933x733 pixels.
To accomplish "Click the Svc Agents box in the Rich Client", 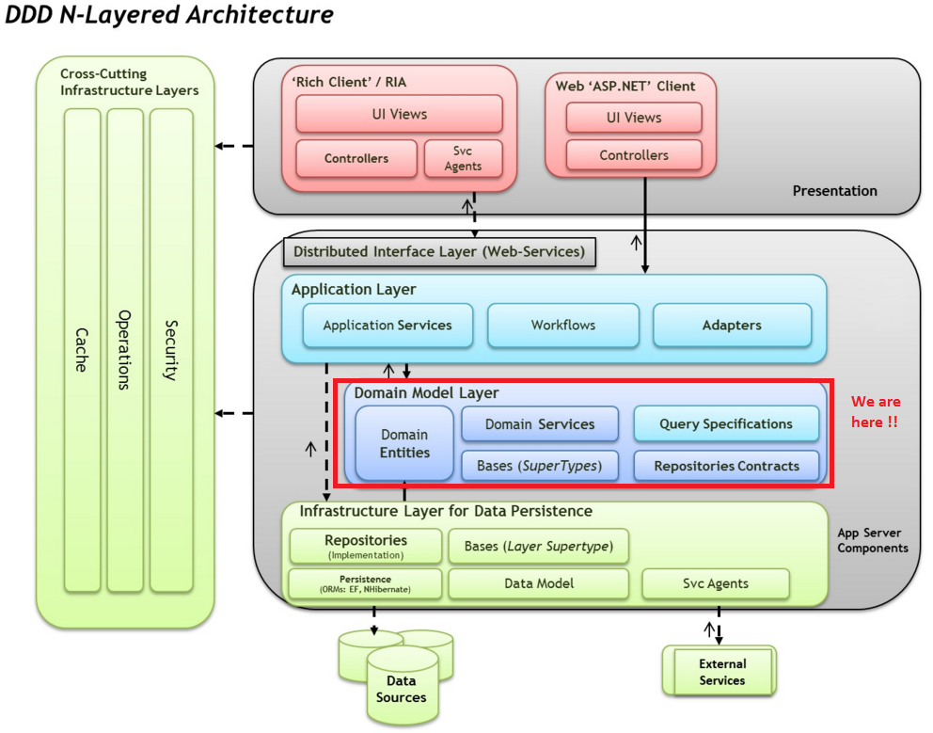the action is [x=464, y=158].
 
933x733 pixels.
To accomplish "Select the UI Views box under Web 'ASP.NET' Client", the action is [x=634, y=118].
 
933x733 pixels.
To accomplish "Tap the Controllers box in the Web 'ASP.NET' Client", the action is [x=634, y=155].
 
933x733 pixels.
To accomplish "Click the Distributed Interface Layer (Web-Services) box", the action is [x=439, y=251].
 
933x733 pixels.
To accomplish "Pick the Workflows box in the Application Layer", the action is [x=562, y=326].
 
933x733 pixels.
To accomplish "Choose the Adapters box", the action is [x=732, y=326].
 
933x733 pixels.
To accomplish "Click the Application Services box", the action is [x=387, y=326].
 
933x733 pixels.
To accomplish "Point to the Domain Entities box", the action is [x=404, y=443].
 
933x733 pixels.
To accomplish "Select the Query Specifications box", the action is [x=726, y=424].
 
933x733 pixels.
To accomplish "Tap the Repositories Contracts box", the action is [x=726, y=466].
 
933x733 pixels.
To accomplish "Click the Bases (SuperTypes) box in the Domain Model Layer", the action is [x=540, y=466].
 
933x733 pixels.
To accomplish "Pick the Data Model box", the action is [x=539, y=583].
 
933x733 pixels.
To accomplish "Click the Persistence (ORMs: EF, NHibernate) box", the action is [x=365, y=583].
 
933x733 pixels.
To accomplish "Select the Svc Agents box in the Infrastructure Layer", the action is [x=715, y=583].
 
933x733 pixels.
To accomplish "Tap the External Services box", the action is [x=720, y=671].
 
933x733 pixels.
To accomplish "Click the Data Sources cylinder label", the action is [x=401, y=689].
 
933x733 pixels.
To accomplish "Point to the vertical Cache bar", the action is [x=82, y=350].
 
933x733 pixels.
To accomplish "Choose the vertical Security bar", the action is [x=171, y=350].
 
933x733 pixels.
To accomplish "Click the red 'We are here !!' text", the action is [x=876, y=411].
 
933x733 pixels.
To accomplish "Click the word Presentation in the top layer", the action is [x=834, y=191].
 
